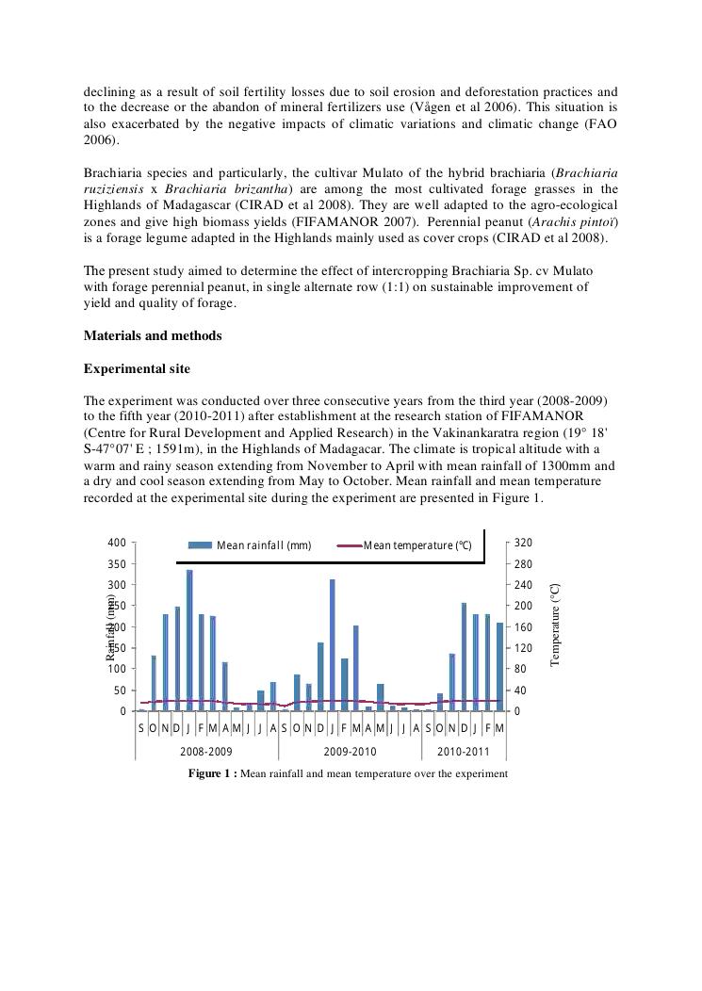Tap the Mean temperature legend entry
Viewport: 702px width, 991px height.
click(x=405, y=545)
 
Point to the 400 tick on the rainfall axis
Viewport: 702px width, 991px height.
click(x=117, y=543)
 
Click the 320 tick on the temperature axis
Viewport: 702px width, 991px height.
click(x=525, y=543)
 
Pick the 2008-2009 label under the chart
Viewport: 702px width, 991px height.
click(x=205, y=752)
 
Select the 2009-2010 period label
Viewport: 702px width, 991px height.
click(x=350, y=752)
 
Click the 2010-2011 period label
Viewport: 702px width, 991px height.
click(x=463, y=752)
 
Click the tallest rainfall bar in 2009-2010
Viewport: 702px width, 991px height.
click(x=332, y=645)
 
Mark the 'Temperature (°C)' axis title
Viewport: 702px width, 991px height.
click(x=555, y=624)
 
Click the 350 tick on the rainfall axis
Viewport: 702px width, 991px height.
click(x=117, y=564)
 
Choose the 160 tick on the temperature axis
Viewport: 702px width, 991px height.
click(x=525, y=627)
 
